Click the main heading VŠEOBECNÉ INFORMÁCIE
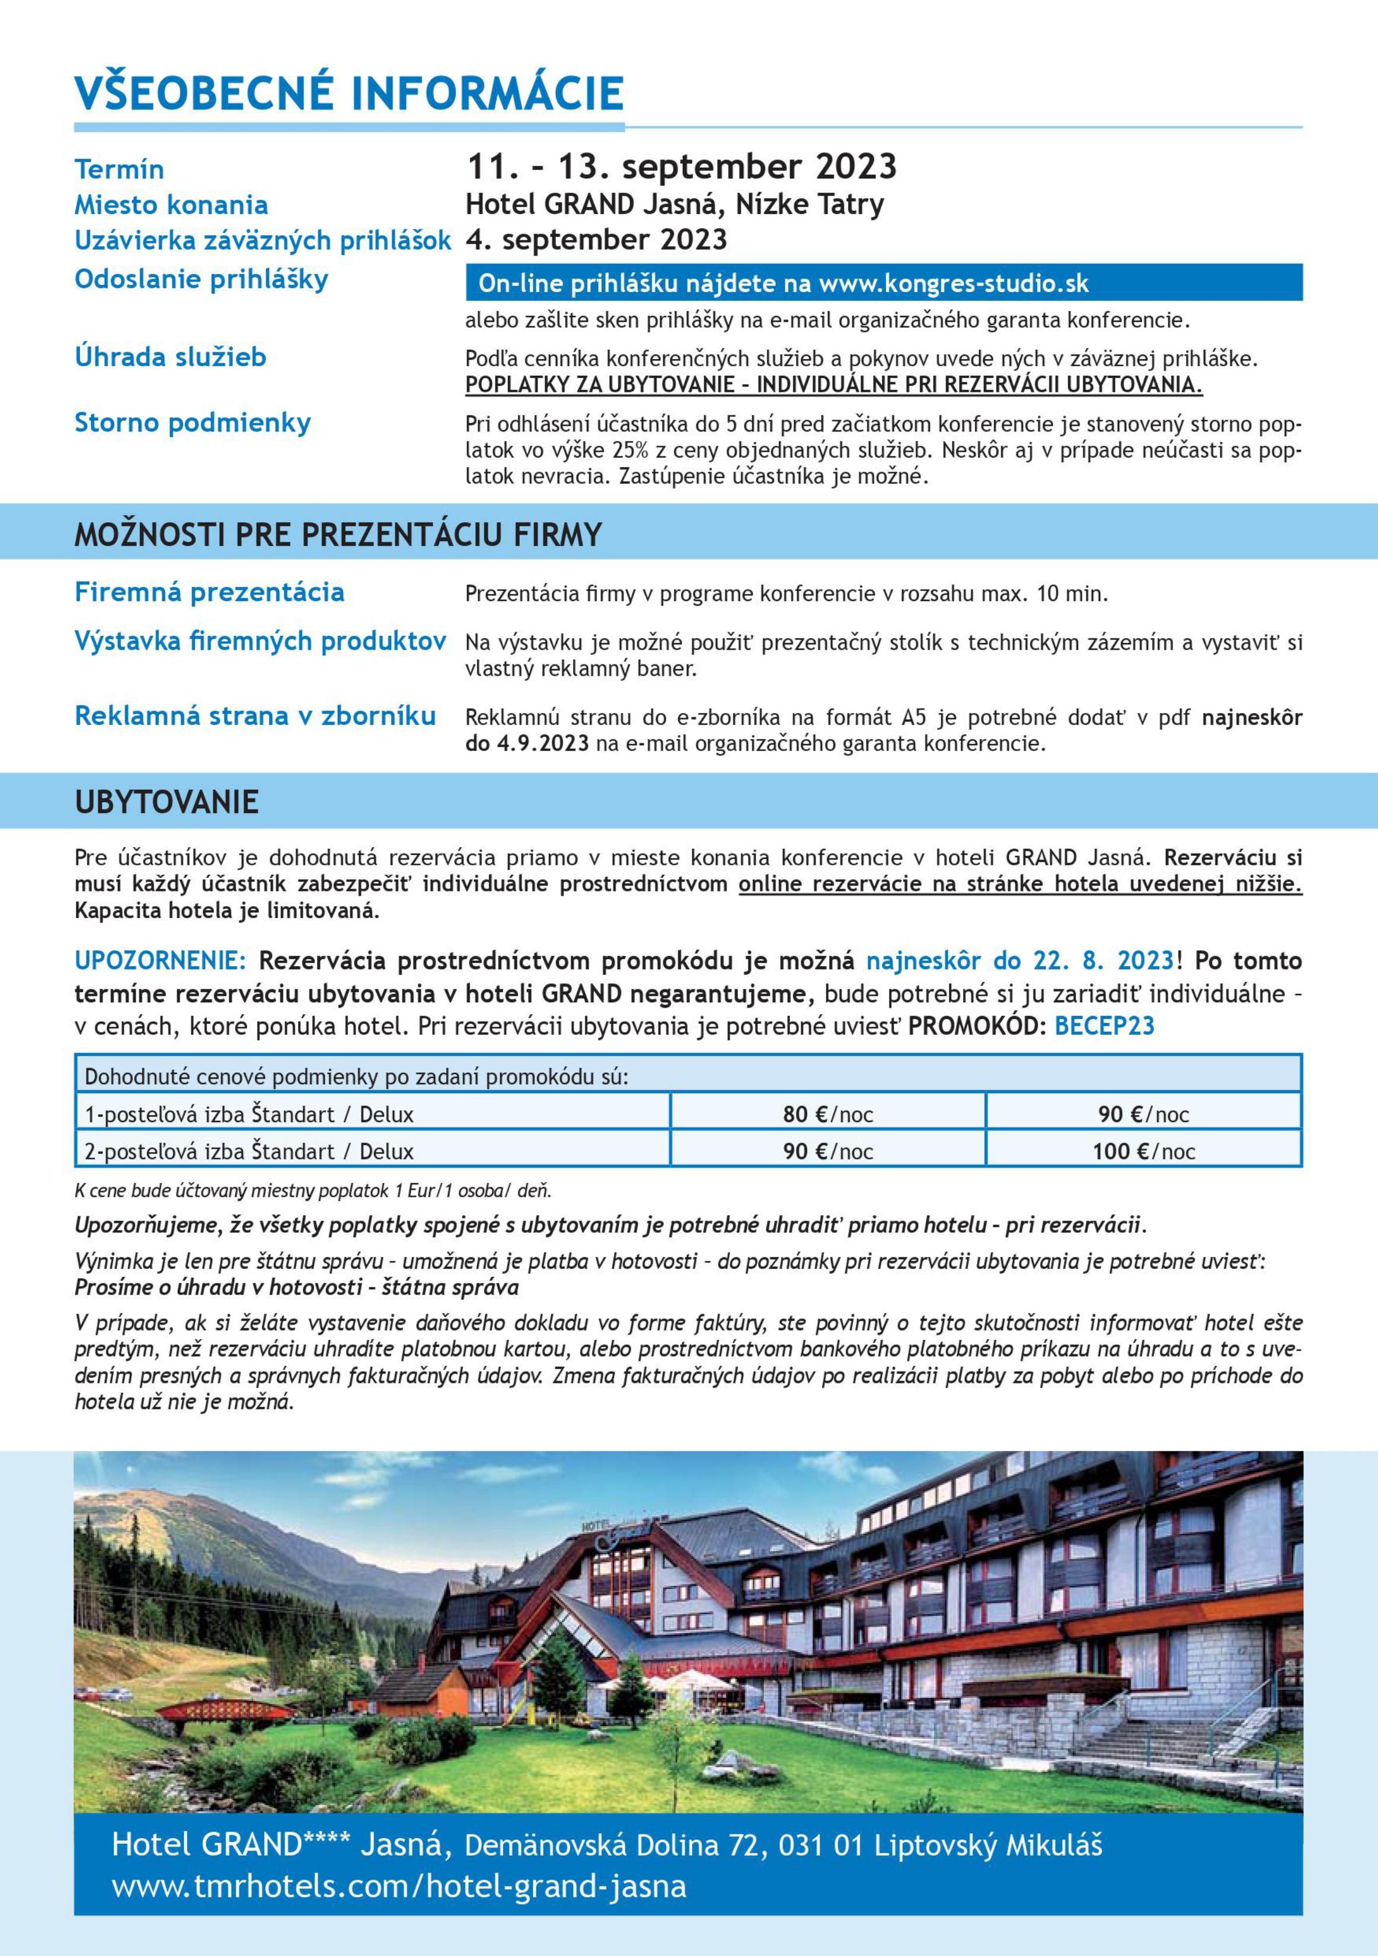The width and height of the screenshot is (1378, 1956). (x=349, y=94)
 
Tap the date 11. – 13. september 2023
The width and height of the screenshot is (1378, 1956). (x=682, y=167)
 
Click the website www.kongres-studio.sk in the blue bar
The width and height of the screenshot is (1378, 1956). (x=953, y=284)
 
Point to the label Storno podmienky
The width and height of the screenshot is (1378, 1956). (x=193, y=423)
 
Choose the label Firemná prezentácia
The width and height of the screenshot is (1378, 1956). (x=209, y=592)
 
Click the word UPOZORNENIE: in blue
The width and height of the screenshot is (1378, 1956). (x=160, y=961)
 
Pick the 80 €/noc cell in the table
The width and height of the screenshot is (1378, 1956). (x=828, y=1114)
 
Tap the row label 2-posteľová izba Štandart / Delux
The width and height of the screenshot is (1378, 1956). (x=249, y=1152)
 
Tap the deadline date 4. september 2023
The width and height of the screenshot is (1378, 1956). (x=596, y=239)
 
